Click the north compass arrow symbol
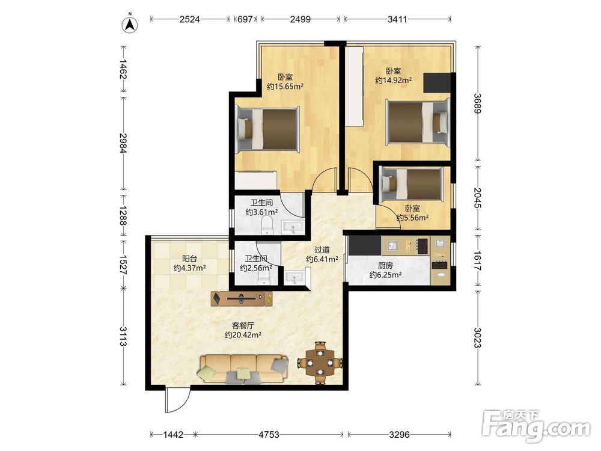pos(130,24)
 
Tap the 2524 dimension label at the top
pos(190,19)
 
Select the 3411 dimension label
pos(397,19)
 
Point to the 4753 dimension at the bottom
pos(269,435)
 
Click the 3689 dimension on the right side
pos(477,103)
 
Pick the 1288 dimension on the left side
pos(123,216)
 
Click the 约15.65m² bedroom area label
pos(285,86)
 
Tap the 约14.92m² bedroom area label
pos(394,80)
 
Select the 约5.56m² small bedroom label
pos(412,218)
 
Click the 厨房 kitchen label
pos(385,265)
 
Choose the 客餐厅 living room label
pos(243,325)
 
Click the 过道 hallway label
pos(322,250)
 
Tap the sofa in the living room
pos(243,369)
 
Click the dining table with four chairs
pos(320,363)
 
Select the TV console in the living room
pos(242,299)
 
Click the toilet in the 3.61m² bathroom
pos(266,225)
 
